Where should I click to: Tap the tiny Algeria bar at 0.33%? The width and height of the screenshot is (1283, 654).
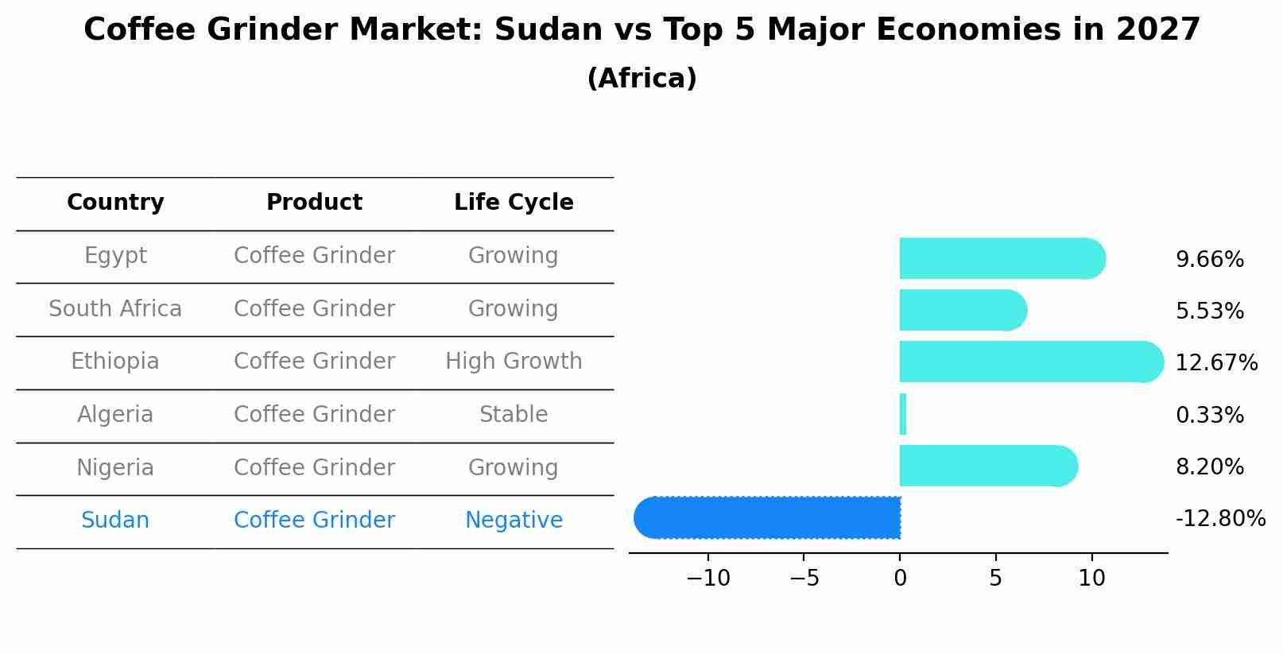coord(903,414)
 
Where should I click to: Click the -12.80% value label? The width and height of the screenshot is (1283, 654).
coord(1219,519)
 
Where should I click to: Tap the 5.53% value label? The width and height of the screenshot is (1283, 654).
coord(1209,312)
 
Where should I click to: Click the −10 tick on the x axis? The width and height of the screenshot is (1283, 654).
coord(707,579)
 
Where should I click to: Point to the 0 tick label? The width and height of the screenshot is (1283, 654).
coord(900,579)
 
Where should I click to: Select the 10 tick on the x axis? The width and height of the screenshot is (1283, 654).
coord(1091,579)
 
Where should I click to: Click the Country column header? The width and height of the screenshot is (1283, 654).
coord(115,203)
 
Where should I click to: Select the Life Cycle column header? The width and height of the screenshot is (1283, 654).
coord(514,203)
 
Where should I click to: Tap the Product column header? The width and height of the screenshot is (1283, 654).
coord(314,203)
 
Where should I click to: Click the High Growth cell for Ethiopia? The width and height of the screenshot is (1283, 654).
coord(514,362)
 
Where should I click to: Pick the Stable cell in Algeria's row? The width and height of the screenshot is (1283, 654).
coord(514,415)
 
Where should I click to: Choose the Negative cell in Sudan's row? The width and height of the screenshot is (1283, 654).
coord(514,520)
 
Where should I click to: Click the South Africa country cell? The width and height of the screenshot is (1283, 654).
coord(115,309)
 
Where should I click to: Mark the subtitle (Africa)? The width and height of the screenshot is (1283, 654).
coord(641,79)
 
